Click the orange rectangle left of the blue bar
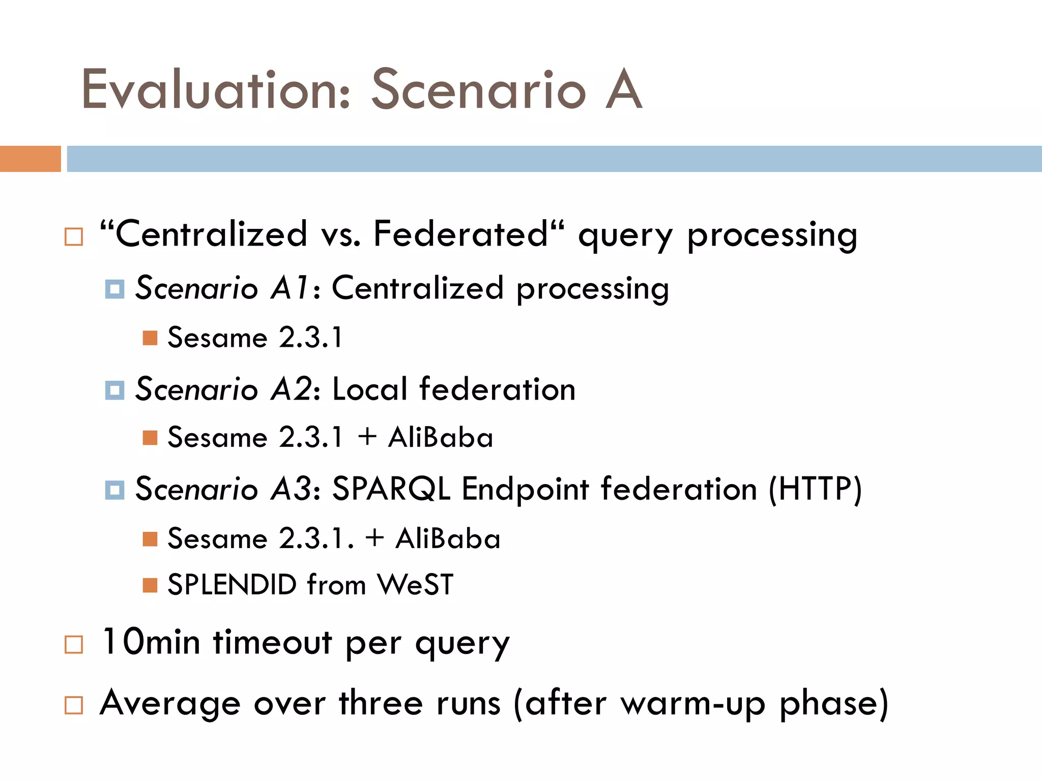[30, 159]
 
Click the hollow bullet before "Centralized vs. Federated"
[74, 237]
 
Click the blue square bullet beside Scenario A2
[114, 390]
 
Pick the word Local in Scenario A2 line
[369, 389]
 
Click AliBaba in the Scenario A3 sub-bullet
[448, 538]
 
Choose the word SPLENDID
[232, 585]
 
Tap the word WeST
[415, 585]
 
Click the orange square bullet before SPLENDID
[150, 585]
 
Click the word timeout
[272, 642]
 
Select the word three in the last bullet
[381, 704]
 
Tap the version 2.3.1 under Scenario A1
[311, 338]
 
